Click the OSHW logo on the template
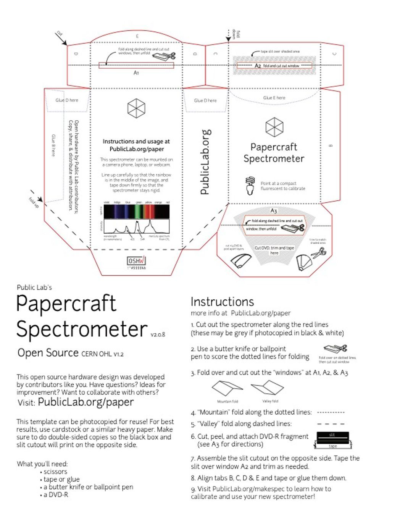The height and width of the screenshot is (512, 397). tap(136, 261)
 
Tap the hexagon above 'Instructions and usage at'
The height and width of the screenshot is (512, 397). tap(136, 108)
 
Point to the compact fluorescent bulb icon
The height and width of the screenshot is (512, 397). tap(250, 186)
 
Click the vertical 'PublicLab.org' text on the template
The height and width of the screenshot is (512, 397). tap(205, 162)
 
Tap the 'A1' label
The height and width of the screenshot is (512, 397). tap(136, 73)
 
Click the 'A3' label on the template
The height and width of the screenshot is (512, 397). tap(274, 211)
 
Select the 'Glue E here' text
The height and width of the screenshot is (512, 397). tap(274, 98)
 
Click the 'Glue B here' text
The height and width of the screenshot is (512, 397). tap(53, 145)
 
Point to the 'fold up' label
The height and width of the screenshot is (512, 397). tap(34, 202)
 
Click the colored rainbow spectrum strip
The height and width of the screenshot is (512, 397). tap(136, 211)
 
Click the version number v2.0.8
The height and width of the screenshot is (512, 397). tap(158, 334)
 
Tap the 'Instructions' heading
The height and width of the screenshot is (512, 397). tap(222, 302)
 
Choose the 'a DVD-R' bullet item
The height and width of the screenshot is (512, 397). tap(56, 494)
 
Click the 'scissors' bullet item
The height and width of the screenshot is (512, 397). tap(55, 472)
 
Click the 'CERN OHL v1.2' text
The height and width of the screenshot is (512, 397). tap(102, 354)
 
